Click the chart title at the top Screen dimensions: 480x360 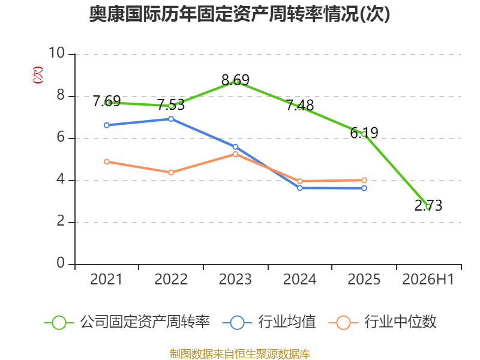[x=239, y=14]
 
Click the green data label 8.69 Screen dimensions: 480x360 [x=235, y=80]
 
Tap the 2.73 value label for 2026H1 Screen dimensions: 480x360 [x=428, y=205]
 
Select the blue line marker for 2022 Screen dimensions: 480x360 [x=171, y=119]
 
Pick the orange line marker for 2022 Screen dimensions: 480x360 [x=171, y=172]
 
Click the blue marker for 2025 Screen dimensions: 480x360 [x=364, y=188]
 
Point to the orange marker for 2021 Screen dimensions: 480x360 [x=107, y=161]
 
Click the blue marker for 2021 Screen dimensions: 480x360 [x=107, y=125]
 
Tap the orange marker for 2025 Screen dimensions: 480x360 [x=364, y=180]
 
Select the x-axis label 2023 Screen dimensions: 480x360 [x=235, y=279]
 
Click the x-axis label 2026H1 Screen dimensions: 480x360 [x=428, y=279]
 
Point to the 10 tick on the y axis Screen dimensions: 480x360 [x=56, y=53]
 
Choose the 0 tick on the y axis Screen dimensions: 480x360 [x=61, y=263]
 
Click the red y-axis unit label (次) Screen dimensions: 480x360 [x=38, y=75]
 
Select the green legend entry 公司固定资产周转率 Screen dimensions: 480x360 [x=127, y=322]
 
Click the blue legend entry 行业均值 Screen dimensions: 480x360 [x=269, y=322]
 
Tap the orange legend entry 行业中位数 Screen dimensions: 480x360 [x=382, y=322]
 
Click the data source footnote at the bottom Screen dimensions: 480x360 [x=240, y=353]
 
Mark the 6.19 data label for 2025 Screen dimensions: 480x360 [x=364, y=133]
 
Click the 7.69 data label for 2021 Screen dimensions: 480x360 [x=107, y=101]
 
